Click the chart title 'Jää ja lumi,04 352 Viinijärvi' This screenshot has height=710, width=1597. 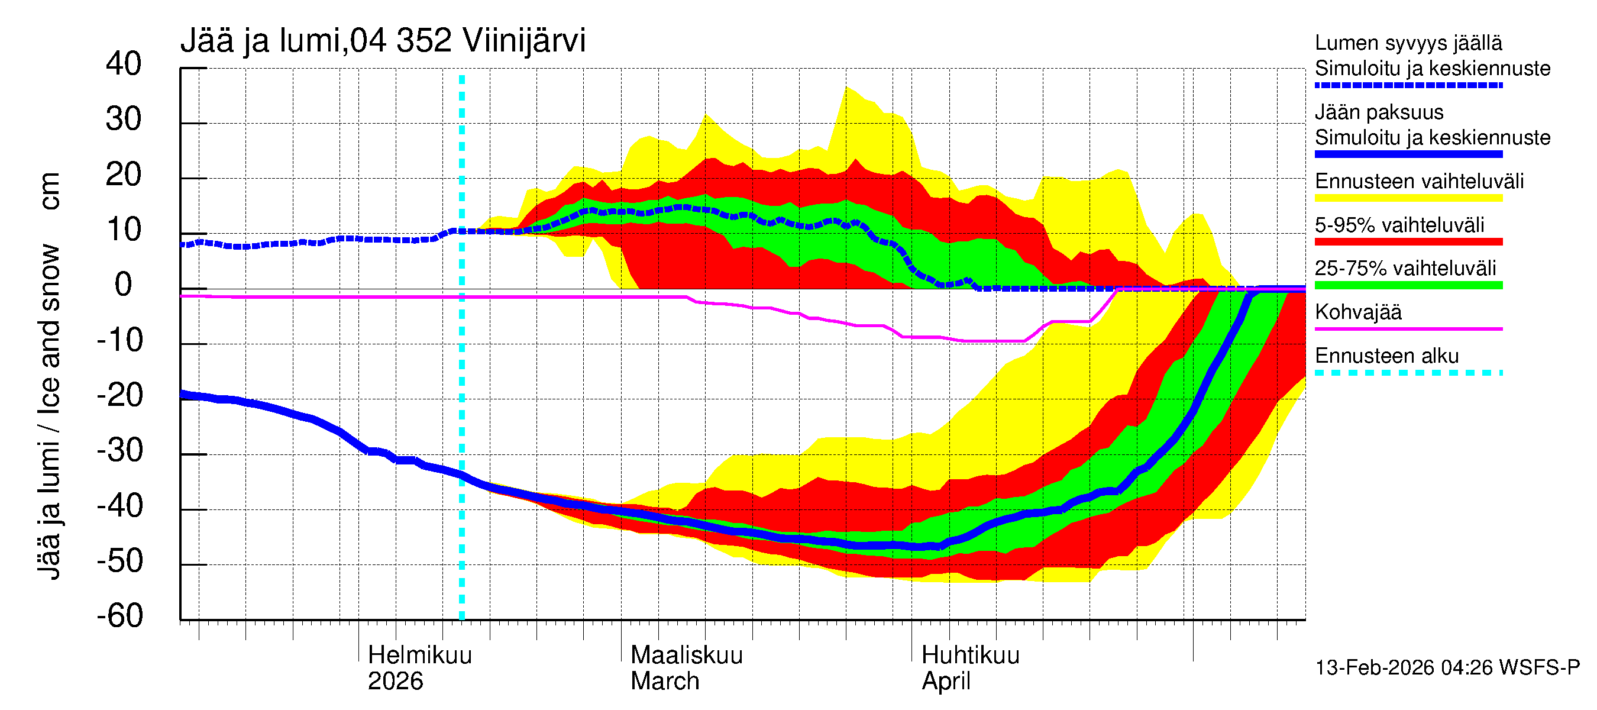click(383, 41)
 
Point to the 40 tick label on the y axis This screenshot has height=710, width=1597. click(124, 64)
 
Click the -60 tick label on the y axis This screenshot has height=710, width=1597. click(119, 616)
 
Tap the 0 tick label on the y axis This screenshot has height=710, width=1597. click(124, 285)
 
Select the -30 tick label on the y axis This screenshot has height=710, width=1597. click(119, 450)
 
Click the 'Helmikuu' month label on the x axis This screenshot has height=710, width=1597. click(420, 655)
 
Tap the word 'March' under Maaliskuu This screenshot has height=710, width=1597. click(665, 681)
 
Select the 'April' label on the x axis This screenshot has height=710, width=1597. click(945, 681)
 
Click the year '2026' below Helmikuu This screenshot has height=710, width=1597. click(395, 681)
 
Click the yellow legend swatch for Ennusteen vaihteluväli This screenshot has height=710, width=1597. click(1408, 198)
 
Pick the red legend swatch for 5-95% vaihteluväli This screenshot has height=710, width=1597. click(1408, 242)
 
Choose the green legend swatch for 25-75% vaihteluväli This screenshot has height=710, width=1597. click(1408, 285)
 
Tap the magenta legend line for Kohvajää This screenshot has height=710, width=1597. click(1408, 328)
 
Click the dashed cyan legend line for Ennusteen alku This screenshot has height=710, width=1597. click(1408, 373)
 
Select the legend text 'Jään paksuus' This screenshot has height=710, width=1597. click(1379, 112)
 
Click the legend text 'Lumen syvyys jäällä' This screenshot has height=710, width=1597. click(1408, 43)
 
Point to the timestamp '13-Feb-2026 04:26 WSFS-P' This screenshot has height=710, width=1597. click(1447, 667)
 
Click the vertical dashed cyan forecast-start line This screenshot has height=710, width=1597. click(461, 372)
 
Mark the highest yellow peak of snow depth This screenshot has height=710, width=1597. click(847, 89)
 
